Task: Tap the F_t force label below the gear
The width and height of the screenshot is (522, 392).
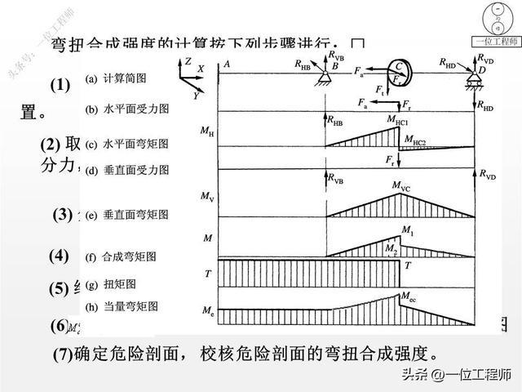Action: (381, 89)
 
